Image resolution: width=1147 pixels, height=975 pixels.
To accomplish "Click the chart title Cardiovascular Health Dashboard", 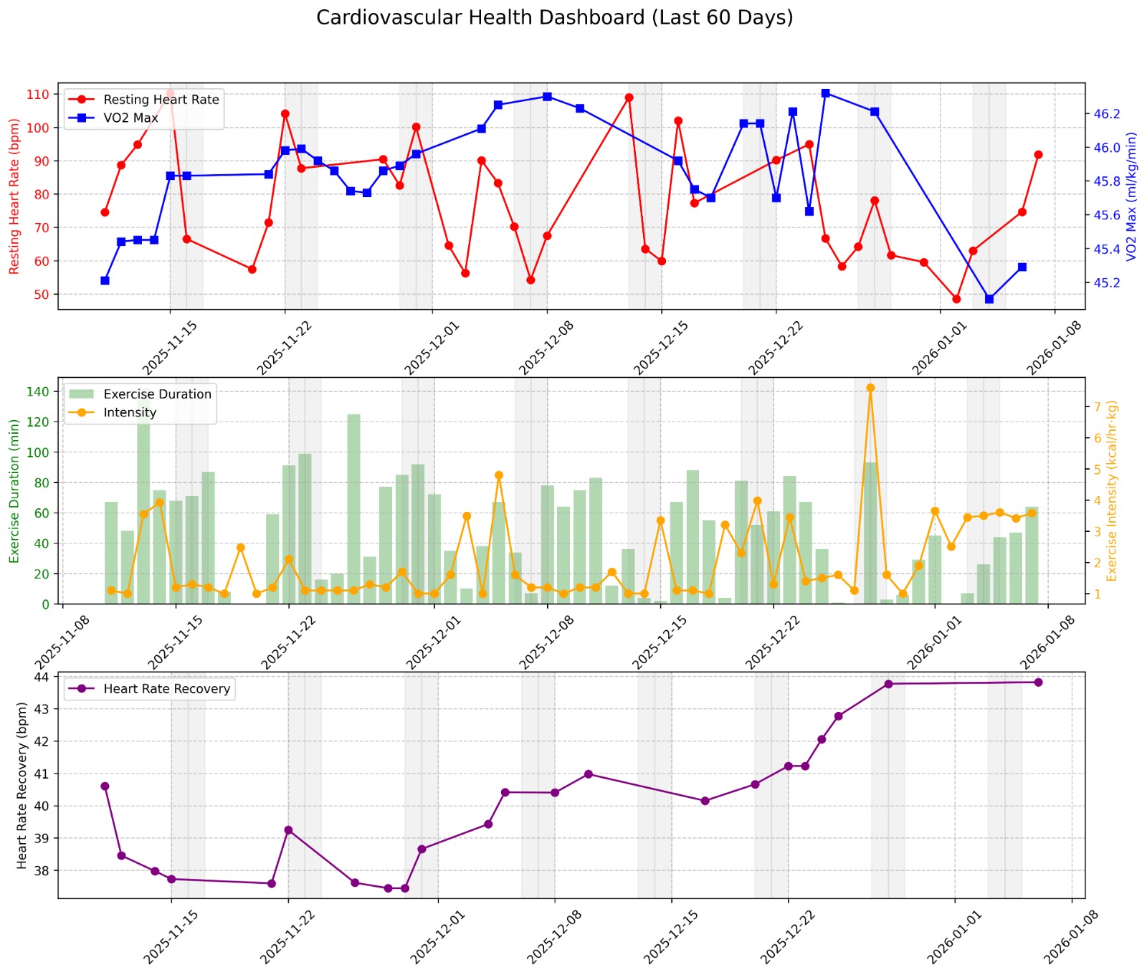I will (x=554, y=18).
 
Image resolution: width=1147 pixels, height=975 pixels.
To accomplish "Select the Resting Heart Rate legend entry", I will (x=161, y=100).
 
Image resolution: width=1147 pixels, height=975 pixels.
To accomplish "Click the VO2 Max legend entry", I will (x=130, y=118).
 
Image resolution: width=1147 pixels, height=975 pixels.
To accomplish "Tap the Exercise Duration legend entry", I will (x=157, y=394).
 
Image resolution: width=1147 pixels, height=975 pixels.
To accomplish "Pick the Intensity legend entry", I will (x=129, y=412).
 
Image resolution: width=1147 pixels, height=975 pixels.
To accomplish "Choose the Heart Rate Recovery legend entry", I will (x=166, y=689).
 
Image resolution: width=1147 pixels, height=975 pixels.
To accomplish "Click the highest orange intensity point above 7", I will (x=870, y=388).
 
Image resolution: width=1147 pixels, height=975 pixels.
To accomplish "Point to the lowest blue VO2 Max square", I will (x=989, y=299).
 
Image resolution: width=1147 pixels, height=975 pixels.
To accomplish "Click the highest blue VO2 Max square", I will (x=826, y=93).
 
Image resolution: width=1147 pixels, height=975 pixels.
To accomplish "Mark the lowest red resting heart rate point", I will (x=956, y=299).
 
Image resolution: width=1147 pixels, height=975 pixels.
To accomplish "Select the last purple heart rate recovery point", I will (x=1038, y=682).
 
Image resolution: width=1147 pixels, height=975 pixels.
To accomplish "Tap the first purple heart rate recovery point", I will (x=105, y=786).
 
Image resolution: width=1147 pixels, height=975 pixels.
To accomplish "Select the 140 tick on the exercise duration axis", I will (x=40, y=391).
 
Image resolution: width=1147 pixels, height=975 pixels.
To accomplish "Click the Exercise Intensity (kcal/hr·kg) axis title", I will (x=1112, y=490).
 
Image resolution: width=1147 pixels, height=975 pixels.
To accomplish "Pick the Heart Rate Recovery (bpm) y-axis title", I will (x=22, y=785).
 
